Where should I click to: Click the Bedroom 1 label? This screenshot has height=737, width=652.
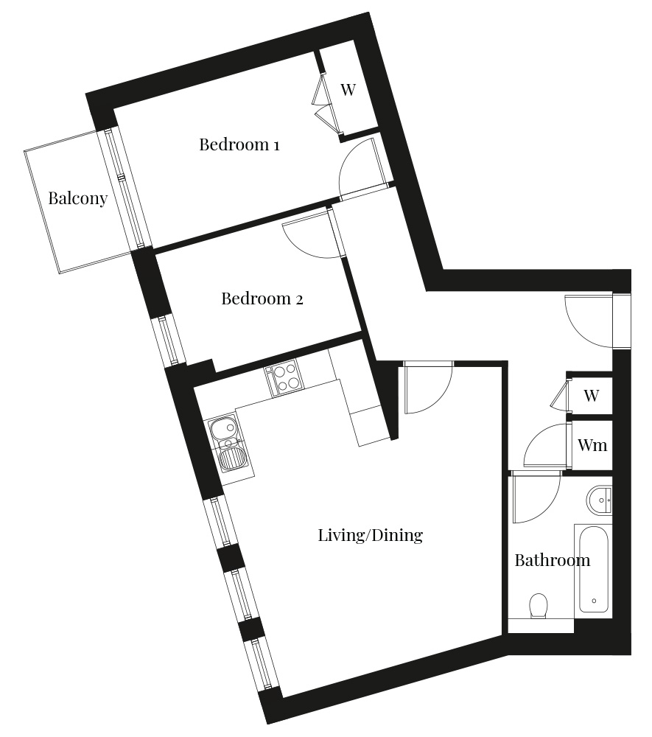239,144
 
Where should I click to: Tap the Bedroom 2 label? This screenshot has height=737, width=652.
262,298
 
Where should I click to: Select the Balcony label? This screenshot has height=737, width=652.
78,198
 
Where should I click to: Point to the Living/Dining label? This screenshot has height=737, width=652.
370,535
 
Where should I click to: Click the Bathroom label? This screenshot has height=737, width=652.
553,560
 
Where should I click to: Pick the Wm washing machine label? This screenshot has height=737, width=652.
592,444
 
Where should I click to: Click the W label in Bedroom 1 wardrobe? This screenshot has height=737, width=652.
348,89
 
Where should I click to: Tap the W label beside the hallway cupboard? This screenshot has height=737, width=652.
592,395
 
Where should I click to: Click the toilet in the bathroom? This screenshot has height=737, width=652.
539,606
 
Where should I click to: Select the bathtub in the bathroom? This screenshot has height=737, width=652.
594,569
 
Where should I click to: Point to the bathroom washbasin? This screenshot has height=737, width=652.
600,500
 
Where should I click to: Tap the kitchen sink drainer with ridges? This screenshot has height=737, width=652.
231,458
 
